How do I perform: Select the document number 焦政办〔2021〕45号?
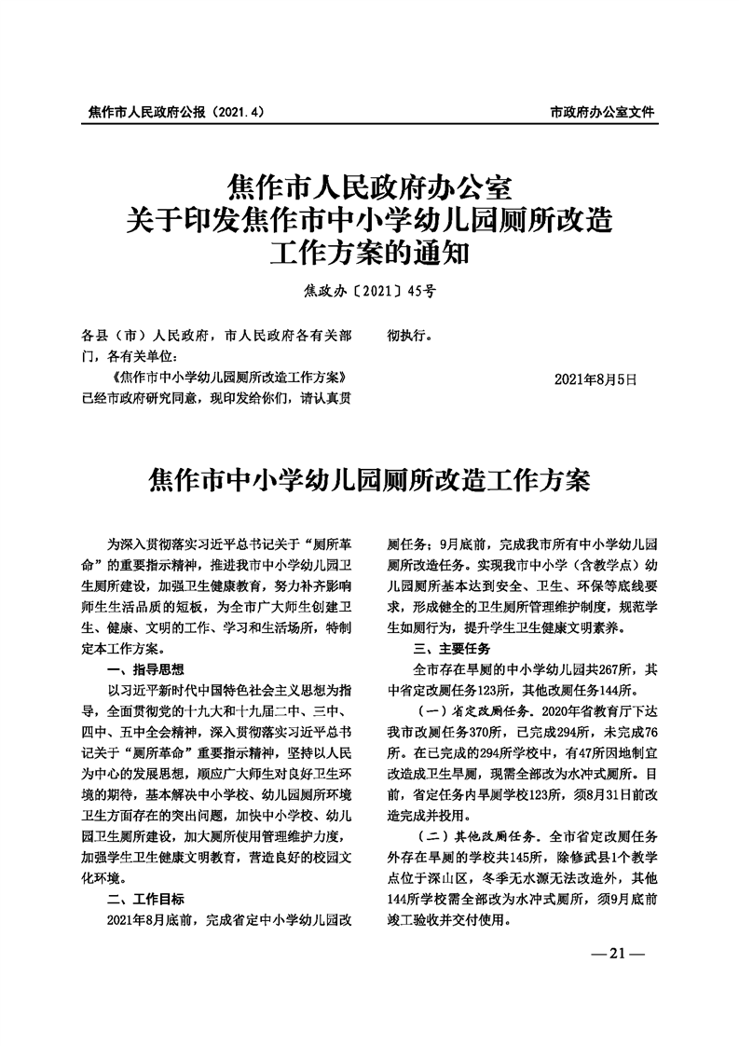pos(369,292)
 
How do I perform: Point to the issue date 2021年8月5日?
pos(595,379)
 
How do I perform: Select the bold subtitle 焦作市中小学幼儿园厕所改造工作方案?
pos(369,483)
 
